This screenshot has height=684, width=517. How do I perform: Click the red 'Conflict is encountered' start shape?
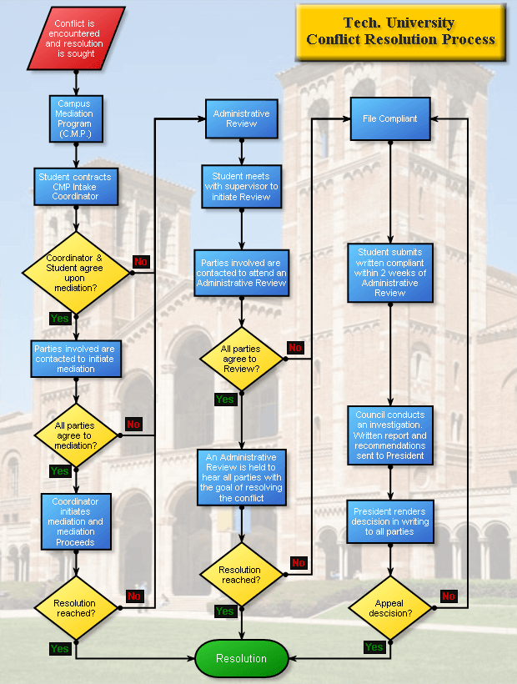[76, 38]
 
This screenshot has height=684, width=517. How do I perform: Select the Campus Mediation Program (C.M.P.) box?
[76, 118]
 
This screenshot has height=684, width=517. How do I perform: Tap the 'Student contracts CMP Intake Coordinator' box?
[76, 187]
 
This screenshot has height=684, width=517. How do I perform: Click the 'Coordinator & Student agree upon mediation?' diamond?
[76, 273]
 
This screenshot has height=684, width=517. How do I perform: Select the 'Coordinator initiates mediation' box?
[76, 522]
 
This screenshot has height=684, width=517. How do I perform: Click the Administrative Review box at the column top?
[242, 118]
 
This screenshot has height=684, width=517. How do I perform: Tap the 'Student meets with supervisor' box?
[241, 187]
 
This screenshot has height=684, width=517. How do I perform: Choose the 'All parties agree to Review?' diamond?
[242, 359]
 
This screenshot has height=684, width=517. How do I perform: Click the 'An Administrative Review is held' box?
[242, 477]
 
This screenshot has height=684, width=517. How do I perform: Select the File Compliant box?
[389, 118]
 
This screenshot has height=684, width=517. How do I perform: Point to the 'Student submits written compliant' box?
[390, 272]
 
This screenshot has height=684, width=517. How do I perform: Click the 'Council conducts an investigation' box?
[390, 435]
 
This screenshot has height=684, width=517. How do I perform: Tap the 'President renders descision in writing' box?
[390, 521]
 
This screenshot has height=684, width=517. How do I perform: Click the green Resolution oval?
[242, 658]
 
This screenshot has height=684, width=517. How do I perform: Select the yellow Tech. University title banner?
[400, 32]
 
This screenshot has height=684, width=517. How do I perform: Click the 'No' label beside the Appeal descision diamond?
[449, 596]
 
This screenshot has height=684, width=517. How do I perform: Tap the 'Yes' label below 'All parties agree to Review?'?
[225, 400]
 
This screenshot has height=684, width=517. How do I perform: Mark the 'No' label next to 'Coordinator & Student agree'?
[140, 262]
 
